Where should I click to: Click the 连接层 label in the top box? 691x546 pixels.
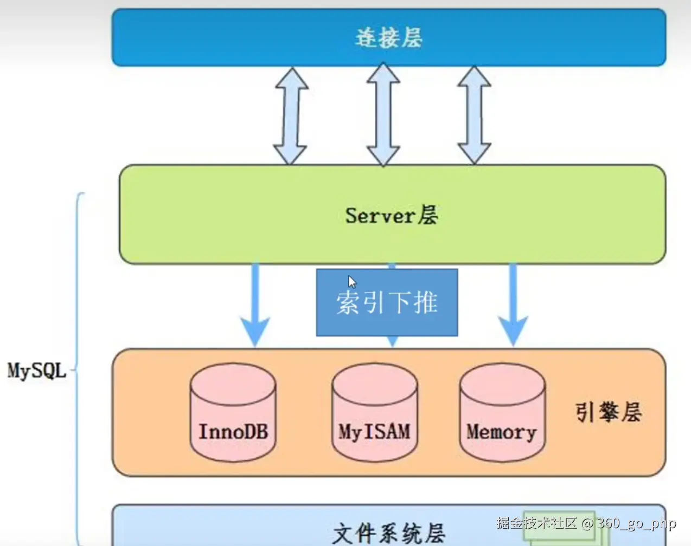[388, 38]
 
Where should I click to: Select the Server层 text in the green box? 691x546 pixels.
[392, 216]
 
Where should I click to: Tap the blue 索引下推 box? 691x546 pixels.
[387, 302]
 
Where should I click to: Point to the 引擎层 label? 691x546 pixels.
[609, 413]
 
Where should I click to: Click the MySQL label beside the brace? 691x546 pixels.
[36, 371]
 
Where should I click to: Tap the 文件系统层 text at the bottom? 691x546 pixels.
[388, 534]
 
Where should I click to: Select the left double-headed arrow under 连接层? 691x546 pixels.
[291, 116]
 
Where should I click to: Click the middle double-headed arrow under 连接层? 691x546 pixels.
[383, 115]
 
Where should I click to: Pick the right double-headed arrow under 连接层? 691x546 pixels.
[475, 115]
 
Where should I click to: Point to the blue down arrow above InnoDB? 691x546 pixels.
[255, 306]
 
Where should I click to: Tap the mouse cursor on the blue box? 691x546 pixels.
[352, 282]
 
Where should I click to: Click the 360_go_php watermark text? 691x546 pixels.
[637, 523]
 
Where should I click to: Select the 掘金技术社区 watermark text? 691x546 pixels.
[536, 523]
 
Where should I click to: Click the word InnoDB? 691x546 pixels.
[233, 432]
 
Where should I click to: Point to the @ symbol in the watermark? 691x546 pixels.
[587, 524]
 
